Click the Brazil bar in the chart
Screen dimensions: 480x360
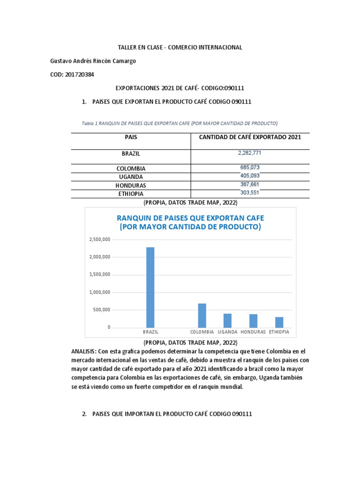150,287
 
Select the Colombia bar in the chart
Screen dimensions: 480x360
202,315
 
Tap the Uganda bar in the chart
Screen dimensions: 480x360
227,320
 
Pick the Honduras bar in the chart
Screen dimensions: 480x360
253,321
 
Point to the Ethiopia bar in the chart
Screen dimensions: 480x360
279,322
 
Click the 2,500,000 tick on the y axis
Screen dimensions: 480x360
99,240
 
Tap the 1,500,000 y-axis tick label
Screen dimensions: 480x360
99,275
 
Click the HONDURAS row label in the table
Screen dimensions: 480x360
131,185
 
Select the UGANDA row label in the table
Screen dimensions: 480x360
131,177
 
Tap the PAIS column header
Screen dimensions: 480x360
131,137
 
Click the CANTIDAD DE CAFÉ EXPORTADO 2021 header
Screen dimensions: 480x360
250,137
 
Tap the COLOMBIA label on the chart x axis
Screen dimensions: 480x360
202,332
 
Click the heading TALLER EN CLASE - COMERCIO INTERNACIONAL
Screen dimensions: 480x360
179,47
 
